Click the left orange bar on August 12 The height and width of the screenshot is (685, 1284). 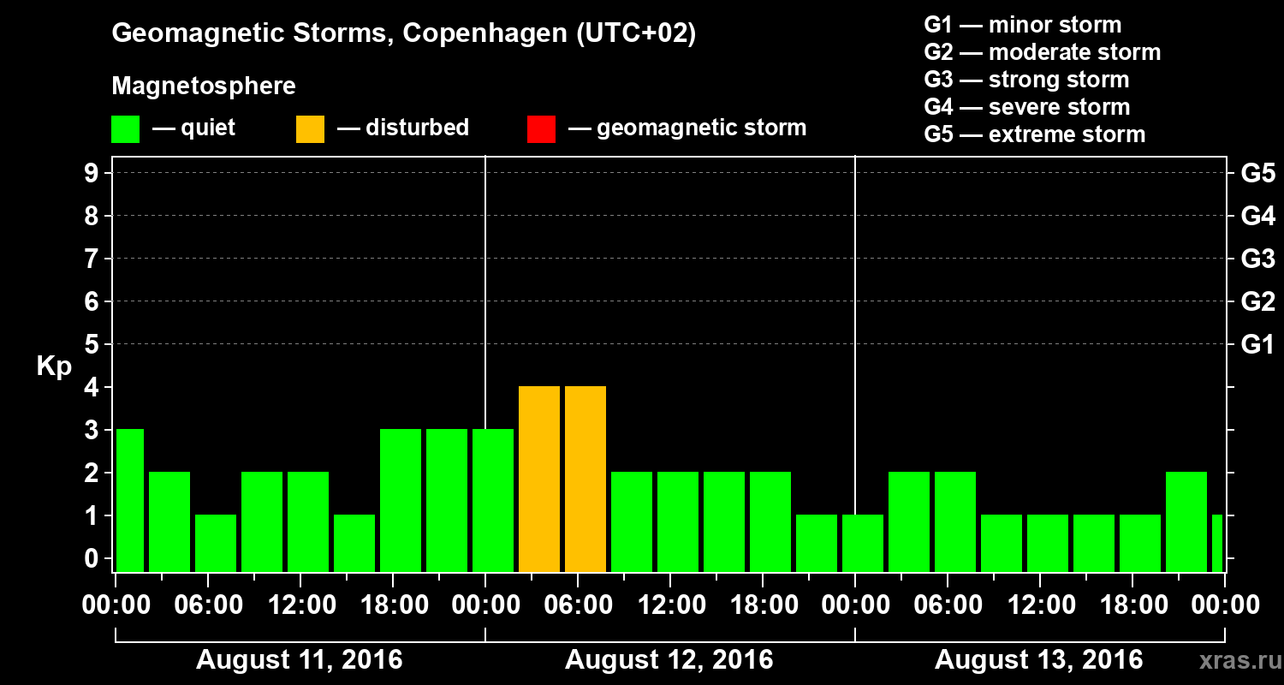click(539, 479)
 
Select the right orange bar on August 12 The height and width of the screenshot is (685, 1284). click(586, 479)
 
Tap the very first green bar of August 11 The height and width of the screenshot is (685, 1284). click(129, 500)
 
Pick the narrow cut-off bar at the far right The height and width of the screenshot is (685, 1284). click(1216, 543)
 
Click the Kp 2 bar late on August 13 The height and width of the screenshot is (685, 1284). click(1186, 521)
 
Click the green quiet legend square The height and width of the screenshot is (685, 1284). click(125, 128)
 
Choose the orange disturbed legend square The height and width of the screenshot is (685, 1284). click(310, 128)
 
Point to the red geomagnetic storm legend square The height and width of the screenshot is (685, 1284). click(541, 128)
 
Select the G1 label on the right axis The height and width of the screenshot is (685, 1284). click(1257, 344)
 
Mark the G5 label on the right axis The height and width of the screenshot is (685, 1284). click(1257, 173)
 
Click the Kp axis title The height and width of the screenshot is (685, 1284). click(54, 366)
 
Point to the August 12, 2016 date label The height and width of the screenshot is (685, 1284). click(669, 659)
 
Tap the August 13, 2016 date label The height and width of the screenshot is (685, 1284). click(1038, 659)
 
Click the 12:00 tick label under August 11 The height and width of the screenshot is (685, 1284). click(301, 605)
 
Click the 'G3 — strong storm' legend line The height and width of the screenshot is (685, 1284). click(1026, 80)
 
